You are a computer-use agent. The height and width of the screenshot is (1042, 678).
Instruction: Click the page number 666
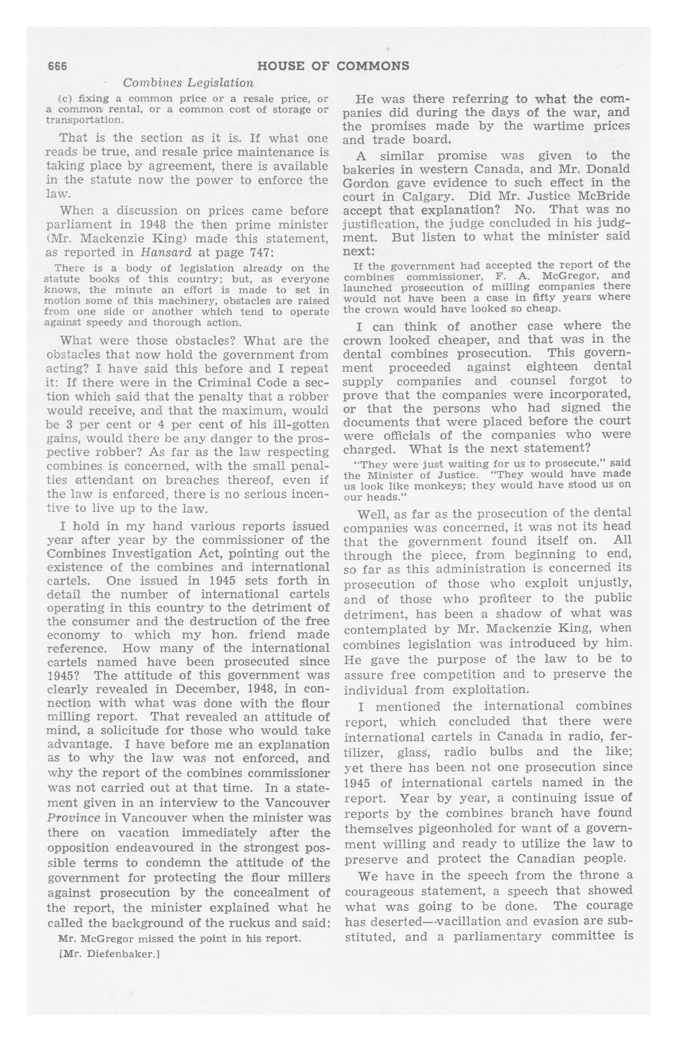point(57,66)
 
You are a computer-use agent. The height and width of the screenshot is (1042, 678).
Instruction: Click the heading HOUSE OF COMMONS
point(333,66)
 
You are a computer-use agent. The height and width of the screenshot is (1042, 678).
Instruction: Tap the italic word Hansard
point(166,253)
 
